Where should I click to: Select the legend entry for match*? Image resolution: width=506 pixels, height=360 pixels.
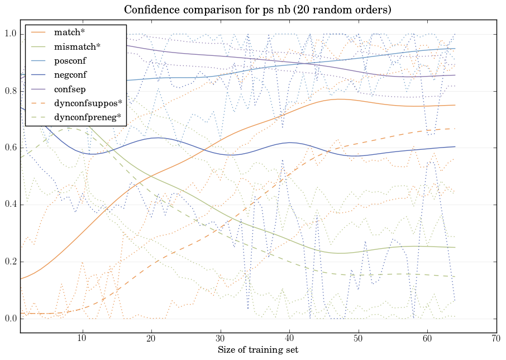point(69,33)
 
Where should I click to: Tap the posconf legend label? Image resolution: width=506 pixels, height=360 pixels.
point(70,61)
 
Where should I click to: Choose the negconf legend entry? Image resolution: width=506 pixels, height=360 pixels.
point(70,75)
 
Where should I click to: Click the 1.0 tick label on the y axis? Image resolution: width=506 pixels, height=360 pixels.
point(11,35)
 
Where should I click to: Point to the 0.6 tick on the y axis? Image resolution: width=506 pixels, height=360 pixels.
point(11,148)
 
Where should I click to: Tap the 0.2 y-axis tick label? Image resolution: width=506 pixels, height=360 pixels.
point(11,262)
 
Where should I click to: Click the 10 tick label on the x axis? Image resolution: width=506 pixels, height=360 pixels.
point(82,339)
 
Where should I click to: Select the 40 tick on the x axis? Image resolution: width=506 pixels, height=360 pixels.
point(289,339)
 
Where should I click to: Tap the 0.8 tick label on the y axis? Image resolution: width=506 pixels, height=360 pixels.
point(11,92)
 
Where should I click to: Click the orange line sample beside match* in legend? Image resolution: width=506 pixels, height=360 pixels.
point(39,33)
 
